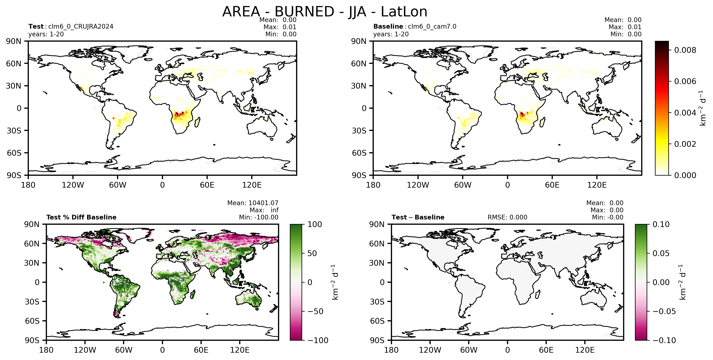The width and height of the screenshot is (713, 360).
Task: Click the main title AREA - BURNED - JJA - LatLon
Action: click(x=325, y=12)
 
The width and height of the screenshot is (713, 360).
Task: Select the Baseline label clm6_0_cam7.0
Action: click(x=432, y=27)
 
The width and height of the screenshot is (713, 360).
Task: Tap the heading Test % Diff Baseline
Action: click(x=81, y=217)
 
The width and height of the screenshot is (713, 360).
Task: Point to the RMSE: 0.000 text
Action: click(x=507, y=217)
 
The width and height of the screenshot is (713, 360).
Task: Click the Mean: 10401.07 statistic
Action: click(x=253, y=203)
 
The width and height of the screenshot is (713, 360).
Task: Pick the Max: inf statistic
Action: click(x=264, y=210)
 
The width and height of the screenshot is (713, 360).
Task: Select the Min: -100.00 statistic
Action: click(x=259, y=217)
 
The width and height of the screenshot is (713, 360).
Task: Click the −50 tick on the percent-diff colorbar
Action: click(x=316, y=311)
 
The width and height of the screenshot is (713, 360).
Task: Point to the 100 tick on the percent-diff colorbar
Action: click(x=315, y=224)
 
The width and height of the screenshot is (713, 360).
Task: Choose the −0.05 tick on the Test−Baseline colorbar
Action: click(x=664, y=311)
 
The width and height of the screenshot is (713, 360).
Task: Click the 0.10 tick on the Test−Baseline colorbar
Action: click(x=661, y=224)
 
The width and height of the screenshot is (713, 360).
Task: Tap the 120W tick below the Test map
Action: click(x=73, y=185)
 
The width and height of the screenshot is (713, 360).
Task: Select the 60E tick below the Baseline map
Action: click(x=552, y=185)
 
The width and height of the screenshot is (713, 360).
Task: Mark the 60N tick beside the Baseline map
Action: click(x=359, y=63)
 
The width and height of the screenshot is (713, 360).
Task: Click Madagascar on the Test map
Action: click(x=197, y=122)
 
